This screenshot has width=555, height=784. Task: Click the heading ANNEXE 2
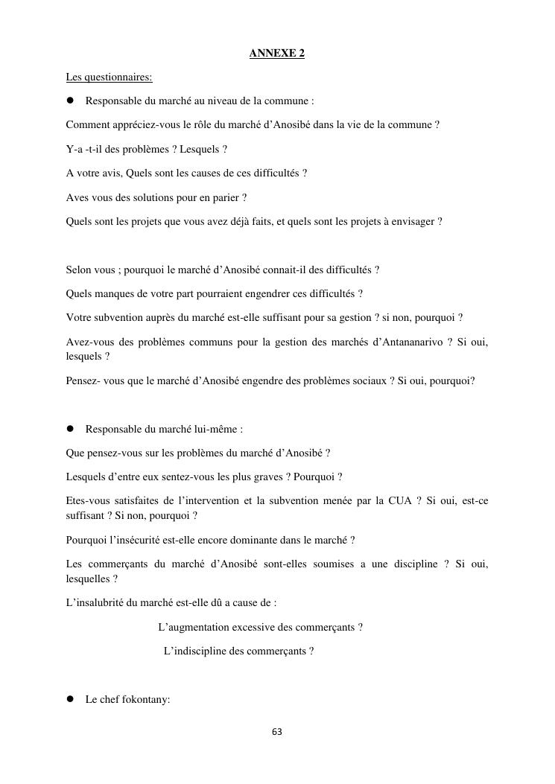(x=277, y=54)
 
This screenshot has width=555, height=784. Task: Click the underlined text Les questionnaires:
(x=109, y=77)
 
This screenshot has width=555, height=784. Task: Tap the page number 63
(x=277, y=732)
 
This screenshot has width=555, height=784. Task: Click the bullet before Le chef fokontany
(x=72, y=699)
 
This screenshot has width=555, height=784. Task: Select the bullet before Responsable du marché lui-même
(x=72, y=429)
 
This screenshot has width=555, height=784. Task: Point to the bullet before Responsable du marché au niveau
(x=72, y=101)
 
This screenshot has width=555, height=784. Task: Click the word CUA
(x=399, y=501)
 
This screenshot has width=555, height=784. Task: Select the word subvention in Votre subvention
(x=117, y=318)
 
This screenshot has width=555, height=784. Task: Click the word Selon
(x=80, y=270)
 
